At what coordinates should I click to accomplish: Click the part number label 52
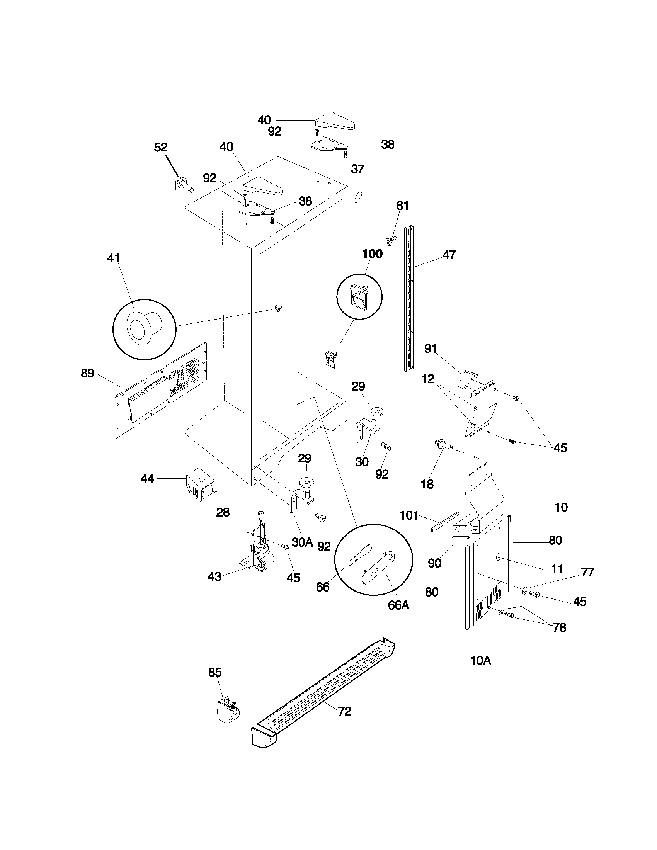(x=161, y=147)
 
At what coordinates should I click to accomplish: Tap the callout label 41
(x=113, y=258)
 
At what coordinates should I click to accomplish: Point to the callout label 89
(x=87, y=373)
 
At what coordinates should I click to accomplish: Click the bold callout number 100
(x=372, y=254)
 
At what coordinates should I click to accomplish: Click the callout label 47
(x=449, y=255)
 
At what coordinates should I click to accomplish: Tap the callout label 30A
(x=302, y=542)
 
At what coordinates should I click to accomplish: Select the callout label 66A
(x=398, y=605)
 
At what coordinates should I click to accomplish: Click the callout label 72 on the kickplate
(x=344, y=711)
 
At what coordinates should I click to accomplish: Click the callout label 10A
(x=480, y=660)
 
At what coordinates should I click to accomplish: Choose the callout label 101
(x=408, y=516)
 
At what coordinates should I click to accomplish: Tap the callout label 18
(x=427, y=484)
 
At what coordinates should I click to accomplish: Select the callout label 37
(x=357, y=169)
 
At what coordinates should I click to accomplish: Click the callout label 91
(x=430, y=349)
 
